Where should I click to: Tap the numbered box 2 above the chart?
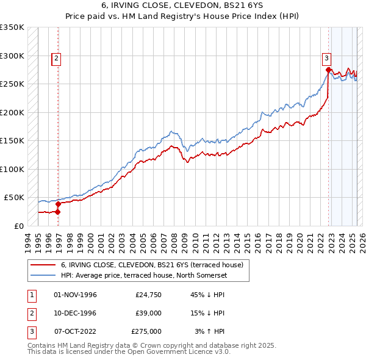(56, 59)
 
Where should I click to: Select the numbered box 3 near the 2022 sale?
(326, 59)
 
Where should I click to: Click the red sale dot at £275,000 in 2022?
(328, 70)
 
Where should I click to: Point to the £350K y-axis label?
(12, 27)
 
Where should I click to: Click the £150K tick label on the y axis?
(12, 141)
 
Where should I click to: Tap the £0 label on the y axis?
(19, 226)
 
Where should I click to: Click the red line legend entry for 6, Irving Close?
(152, 265)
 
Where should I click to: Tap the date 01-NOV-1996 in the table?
(76, 295)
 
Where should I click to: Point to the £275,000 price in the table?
(146, 331)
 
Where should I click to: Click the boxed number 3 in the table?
(30, 331)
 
